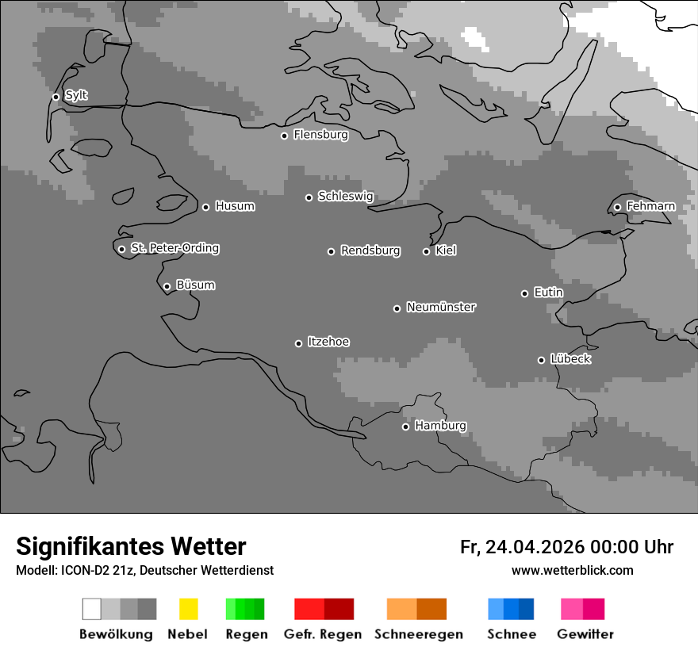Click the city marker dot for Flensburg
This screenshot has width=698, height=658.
point(284,136)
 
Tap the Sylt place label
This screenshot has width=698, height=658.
point(76,96)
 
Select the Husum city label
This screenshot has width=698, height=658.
point(235,206)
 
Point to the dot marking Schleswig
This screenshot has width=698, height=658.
point(309,197)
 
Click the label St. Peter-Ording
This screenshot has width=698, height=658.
point(174,248)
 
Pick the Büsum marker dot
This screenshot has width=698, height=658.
point(167,287)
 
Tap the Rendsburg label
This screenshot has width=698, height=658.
point(370,251)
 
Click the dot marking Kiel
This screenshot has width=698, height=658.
point(426,251)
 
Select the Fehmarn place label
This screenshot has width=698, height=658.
point(650,206)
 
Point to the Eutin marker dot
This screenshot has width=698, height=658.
point(524,293)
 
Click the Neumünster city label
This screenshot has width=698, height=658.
point(440,307)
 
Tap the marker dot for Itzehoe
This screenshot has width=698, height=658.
point(298,343)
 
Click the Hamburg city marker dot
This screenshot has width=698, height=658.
point(405,427)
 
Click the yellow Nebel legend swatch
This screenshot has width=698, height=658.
point(188,609)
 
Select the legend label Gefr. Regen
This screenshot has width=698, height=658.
point(324,634)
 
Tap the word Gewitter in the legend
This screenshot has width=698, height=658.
point(585,634)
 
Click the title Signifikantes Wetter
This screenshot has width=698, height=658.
point(131,546)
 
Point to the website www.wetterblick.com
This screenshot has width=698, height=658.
point(572,570)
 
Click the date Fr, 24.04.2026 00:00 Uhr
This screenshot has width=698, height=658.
point(566,547)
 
